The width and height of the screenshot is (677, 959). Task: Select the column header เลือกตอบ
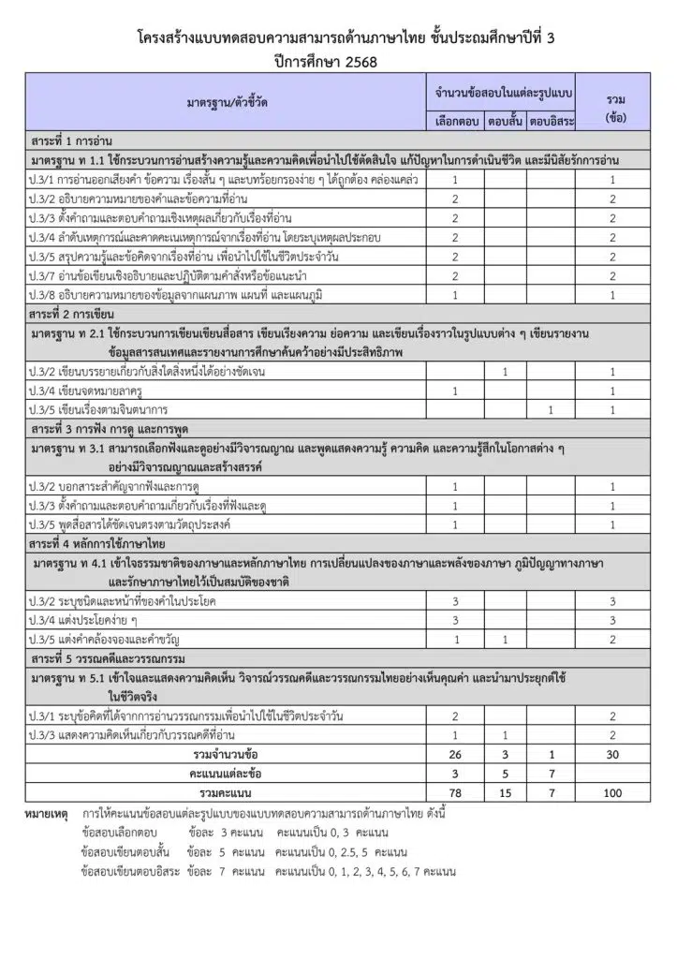point(455,120)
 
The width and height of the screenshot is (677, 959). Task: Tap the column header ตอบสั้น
point(505,120)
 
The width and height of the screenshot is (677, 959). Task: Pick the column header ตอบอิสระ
point(552,120)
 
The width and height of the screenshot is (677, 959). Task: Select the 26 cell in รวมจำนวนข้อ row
point(455,754)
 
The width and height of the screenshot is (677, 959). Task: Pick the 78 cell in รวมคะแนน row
point(455,792)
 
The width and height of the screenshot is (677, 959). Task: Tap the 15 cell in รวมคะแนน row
point(505,792)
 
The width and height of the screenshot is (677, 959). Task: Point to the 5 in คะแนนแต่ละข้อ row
point(505,774)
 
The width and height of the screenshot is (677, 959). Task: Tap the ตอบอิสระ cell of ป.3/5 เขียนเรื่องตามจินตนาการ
point(552,409)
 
